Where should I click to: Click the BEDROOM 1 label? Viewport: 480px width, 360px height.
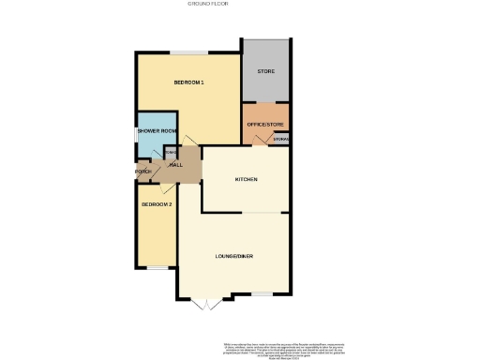click(188, 83)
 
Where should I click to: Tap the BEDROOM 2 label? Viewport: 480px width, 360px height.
click(157, 204)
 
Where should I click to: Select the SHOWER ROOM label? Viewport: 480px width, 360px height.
click(157, 131)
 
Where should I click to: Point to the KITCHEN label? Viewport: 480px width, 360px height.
click(246, 179)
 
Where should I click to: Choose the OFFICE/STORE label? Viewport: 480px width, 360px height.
click(265, 125)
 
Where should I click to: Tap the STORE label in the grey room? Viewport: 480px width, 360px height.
click(265, 71)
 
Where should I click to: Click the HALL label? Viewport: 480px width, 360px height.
click(175, 165)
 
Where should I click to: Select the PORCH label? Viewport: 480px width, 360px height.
click(143, 172)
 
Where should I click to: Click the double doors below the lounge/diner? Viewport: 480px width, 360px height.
click(205, 306)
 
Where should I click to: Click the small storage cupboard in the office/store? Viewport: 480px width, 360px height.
click(281, 140)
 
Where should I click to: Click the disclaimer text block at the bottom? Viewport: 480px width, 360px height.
click(280, 348)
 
